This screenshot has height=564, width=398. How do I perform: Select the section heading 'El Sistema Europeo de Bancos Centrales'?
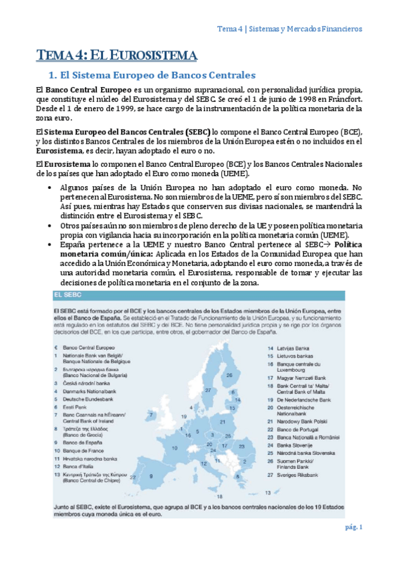coord(148,76)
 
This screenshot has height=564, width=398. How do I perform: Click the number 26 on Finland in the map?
coord(229,374)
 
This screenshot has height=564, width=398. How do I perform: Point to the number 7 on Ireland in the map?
coord(151,414)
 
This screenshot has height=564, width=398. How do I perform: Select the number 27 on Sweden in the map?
coord(208,390)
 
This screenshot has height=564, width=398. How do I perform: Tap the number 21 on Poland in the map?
coord(223,422)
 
